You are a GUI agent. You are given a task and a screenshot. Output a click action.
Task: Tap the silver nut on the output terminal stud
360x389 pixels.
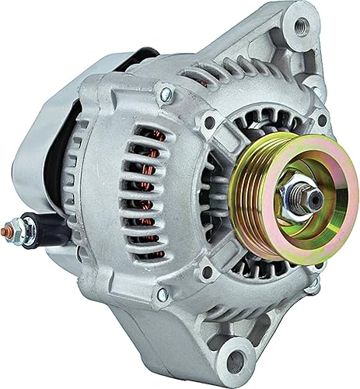21,232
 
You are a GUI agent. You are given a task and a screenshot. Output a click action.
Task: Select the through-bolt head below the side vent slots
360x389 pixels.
162,294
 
